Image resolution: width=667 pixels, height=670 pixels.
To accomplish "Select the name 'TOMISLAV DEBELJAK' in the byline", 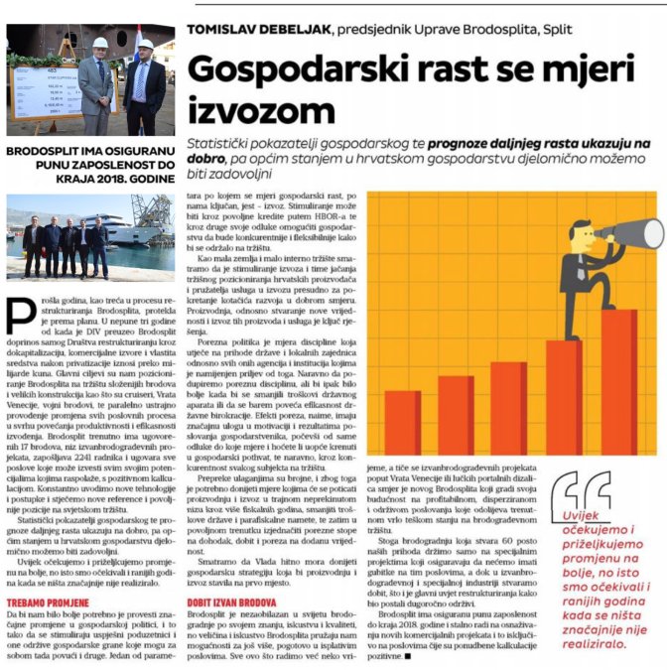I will (x=256, y=31).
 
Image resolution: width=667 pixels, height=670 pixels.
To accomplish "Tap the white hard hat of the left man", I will (x=100, y=43).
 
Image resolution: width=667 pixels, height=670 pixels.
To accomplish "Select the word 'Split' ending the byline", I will (x=559, y=31).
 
